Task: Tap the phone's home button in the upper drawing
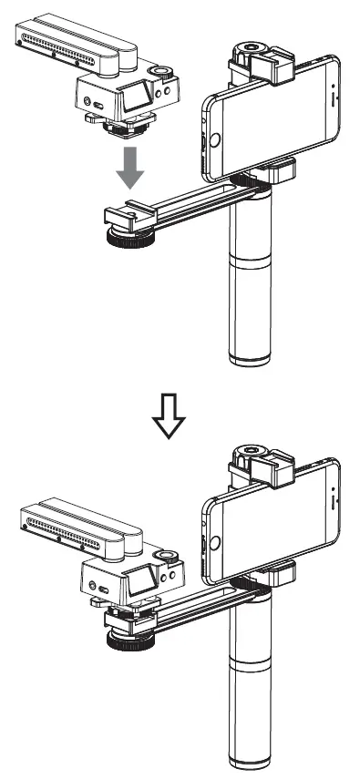(215, 139)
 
